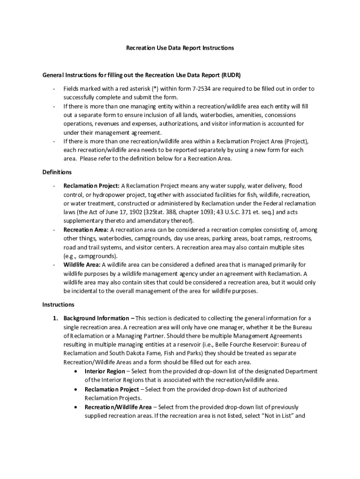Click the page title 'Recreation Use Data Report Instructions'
(x=180, y=48)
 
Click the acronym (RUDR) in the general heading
(x=231, y=75)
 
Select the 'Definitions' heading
(x=57, y=172)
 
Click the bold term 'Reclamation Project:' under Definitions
(x=86, y=185)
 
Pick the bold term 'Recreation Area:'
(x=86, y=230)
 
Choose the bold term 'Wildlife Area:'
(x=82, y=265)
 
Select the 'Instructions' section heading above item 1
(x=58, y=305)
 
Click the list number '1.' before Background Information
(x=55, y=318)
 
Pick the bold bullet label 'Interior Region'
(x=105, y=371)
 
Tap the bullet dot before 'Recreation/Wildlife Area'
(x=76, y=407)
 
